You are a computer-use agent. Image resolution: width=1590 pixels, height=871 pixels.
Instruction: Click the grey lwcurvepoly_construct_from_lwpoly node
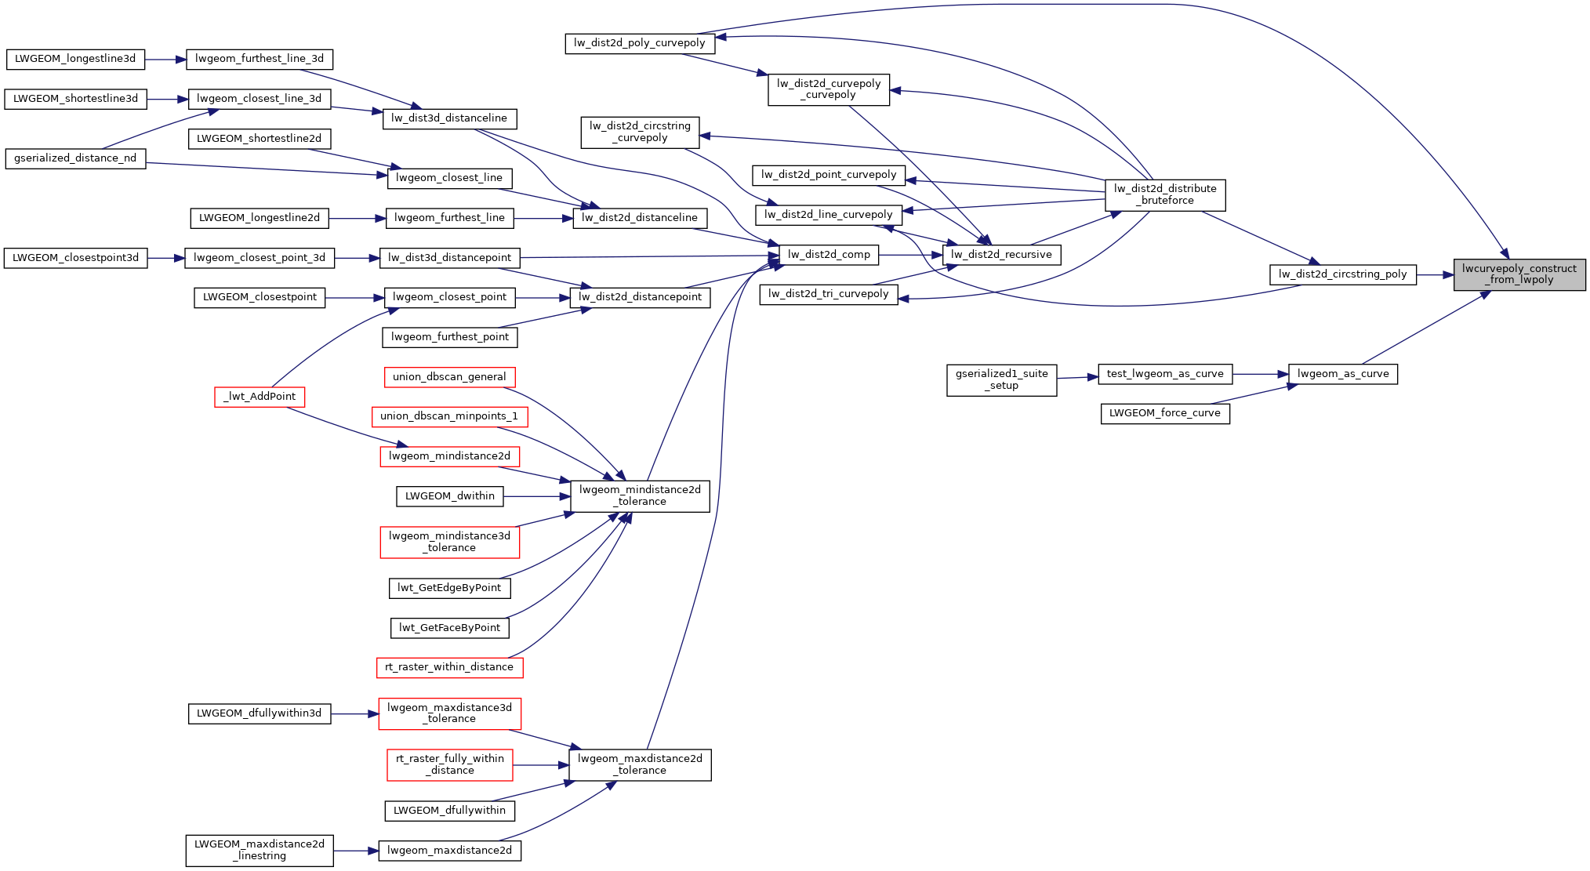[1519, 274]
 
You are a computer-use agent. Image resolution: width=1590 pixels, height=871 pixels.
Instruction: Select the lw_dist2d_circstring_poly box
[1342, 274]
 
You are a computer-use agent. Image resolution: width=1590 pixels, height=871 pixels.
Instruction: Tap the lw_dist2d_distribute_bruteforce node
[1164, 194]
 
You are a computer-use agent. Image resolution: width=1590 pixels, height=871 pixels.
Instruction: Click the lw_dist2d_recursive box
[1001, 255]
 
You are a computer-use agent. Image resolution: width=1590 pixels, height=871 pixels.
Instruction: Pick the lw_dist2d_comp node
[829, 255]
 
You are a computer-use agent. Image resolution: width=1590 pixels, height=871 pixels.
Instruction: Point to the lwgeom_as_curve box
[1342, 374]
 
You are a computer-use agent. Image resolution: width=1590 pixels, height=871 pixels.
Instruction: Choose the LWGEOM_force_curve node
[1164, 413]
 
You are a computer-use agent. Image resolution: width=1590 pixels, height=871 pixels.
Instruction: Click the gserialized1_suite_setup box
[1001, 379]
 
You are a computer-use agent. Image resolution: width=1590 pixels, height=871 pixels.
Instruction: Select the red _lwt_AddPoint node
[260, 397]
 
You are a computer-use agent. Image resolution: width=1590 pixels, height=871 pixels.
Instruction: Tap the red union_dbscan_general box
[449, 377]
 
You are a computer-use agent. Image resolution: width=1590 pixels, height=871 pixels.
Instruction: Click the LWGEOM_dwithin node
[449, 496]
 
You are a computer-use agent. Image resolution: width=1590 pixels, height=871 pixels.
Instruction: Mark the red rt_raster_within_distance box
[449, 667]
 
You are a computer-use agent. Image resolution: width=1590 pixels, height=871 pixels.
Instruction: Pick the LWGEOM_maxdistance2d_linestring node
[260, 850]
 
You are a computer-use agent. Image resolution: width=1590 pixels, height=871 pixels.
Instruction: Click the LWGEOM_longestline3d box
[75, 59]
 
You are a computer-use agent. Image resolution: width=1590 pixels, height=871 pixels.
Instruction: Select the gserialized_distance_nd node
[75, 158]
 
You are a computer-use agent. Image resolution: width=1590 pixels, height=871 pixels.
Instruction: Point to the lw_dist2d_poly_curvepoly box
[640, 43]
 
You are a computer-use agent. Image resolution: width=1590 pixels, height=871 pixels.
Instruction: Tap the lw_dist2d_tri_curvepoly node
[829, 294]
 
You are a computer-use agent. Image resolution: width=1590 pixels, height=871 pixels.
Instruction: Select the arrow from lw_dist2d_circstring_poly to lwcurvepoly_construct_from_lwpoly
[1435, 274]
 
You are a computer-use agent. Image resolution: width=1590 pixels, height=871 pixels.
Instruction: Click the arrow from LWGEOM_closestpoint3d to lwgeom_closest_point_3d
[165, 258]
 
